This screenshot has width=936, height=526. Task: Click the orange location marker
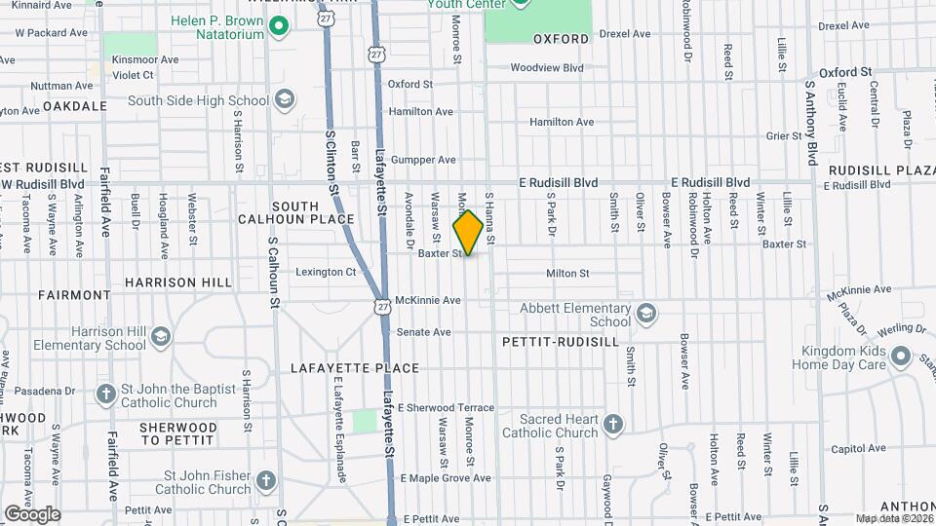[468, 232]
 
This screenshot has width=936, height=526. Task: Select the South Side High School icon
[285, 99]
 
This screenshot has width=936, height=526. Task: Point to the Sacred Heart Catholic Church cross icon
[612, 424]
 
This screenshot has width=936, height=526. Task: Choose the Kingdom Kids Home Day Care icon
[902, 357]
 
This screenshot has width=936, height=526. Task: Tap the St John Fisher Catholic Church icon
[266, 481]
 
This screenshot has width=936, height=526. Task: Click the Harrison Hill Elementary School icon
[161, 337]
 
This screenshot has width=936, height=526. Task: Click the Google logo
[31, 514]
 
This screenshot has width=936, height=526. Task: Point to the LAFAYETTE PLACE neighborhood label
[355, 368]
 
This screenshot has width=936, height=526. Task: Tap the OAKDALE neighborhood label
[74, 105]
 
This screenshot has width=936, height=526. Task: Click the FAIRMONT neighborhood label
[75, 294]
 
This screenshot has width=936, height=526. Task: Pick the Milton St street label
[567, 274]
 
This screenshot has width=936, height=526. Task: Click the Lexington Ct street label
[326, 272]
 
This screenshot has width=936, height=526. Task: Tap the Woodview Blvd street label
[547, 68]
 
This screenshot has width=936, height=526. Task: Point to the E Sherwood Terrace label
[446, 407]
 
